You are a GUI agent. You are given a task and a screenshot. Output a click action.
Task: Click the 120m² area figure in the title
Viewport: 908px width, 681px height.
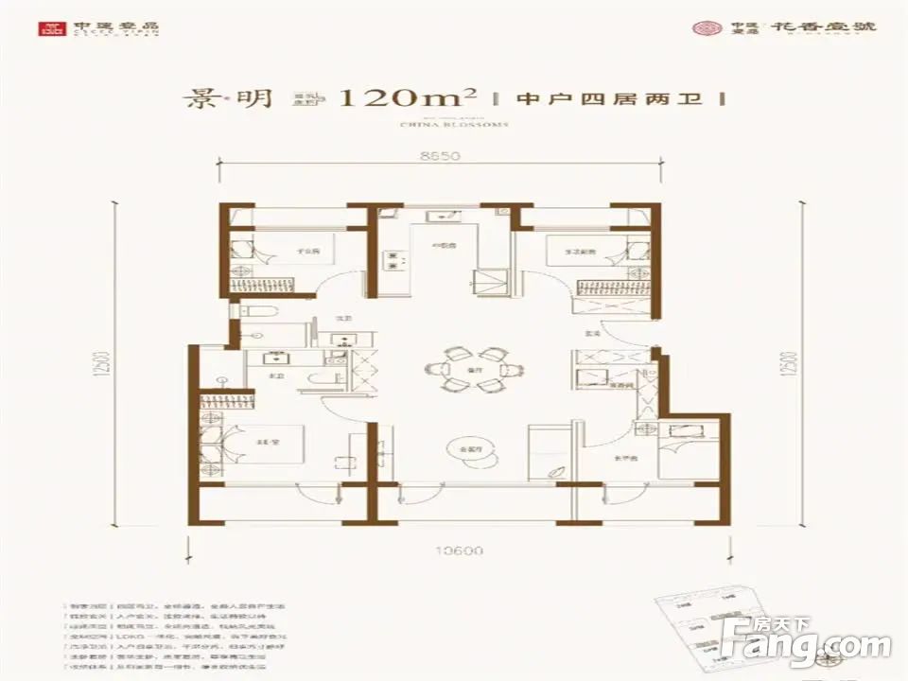click(x=404, y=98)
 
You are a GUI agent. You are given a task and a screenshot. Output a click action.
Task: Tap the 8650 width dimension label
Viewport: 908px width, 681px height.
click(x=434, y=156)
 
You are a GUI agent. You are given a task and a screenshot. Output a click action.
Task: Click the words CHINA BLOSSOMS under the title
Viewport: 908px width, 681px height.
click(x=455, y=124)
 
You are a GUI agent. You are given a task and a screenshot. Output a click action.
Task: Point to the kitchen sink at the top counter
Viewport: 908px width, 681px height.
click(x=440, y=218)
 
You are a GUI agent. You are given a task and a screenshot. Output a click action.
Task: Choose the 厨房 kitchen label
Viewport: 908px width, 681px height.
click(x=439, y=245)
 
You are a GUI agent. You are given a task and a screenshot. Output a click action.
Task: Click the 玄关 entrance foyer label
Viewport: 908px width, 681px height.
click(x=593, y=333)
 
